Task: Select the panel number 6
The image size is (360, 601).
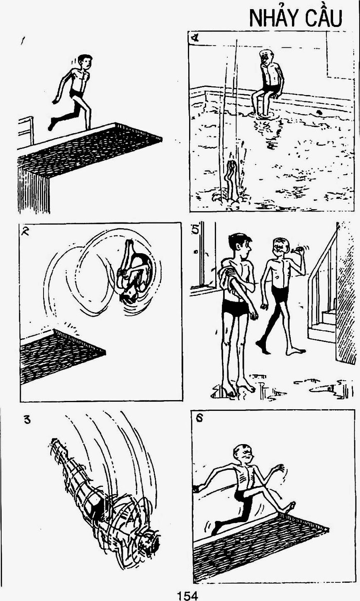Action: pos(199,418)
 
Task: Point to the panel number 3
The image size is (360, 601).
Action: pos(27,419)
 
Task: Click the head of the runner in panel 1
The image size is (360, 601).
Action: pos(86,62)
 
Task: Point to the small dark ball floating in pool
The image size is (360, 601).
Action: pos(319,112)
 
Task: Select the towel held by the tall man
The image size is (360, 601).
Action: pos(227,277)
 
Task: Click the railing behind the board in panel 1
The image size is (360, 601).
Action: pos(26,130)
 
